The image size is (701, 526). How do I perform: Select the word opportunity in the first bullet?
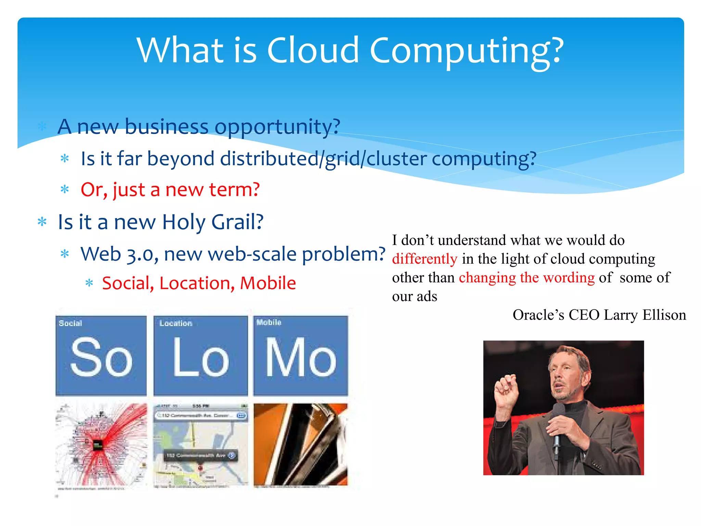(x=277, y=127)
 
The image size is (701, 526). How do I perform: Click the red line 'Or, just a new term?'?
(x=170, y=189)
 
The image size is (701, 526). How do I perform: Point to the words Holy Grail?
(x=212, y=222)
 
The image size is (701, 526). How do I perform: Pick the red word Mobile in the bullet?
(x=268, y=283)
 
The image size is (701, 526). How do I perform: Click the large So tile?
(x=101, y=356)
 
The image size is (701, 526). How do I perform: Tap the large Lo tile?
(x=201, y=356)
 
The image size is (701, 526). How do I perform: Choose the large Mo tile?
(x=301, y=356)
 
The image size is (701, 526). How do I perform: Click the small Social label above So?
(x=71, y=323)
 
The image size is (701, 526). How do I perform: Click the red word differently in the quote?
(x=424, y=259)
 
